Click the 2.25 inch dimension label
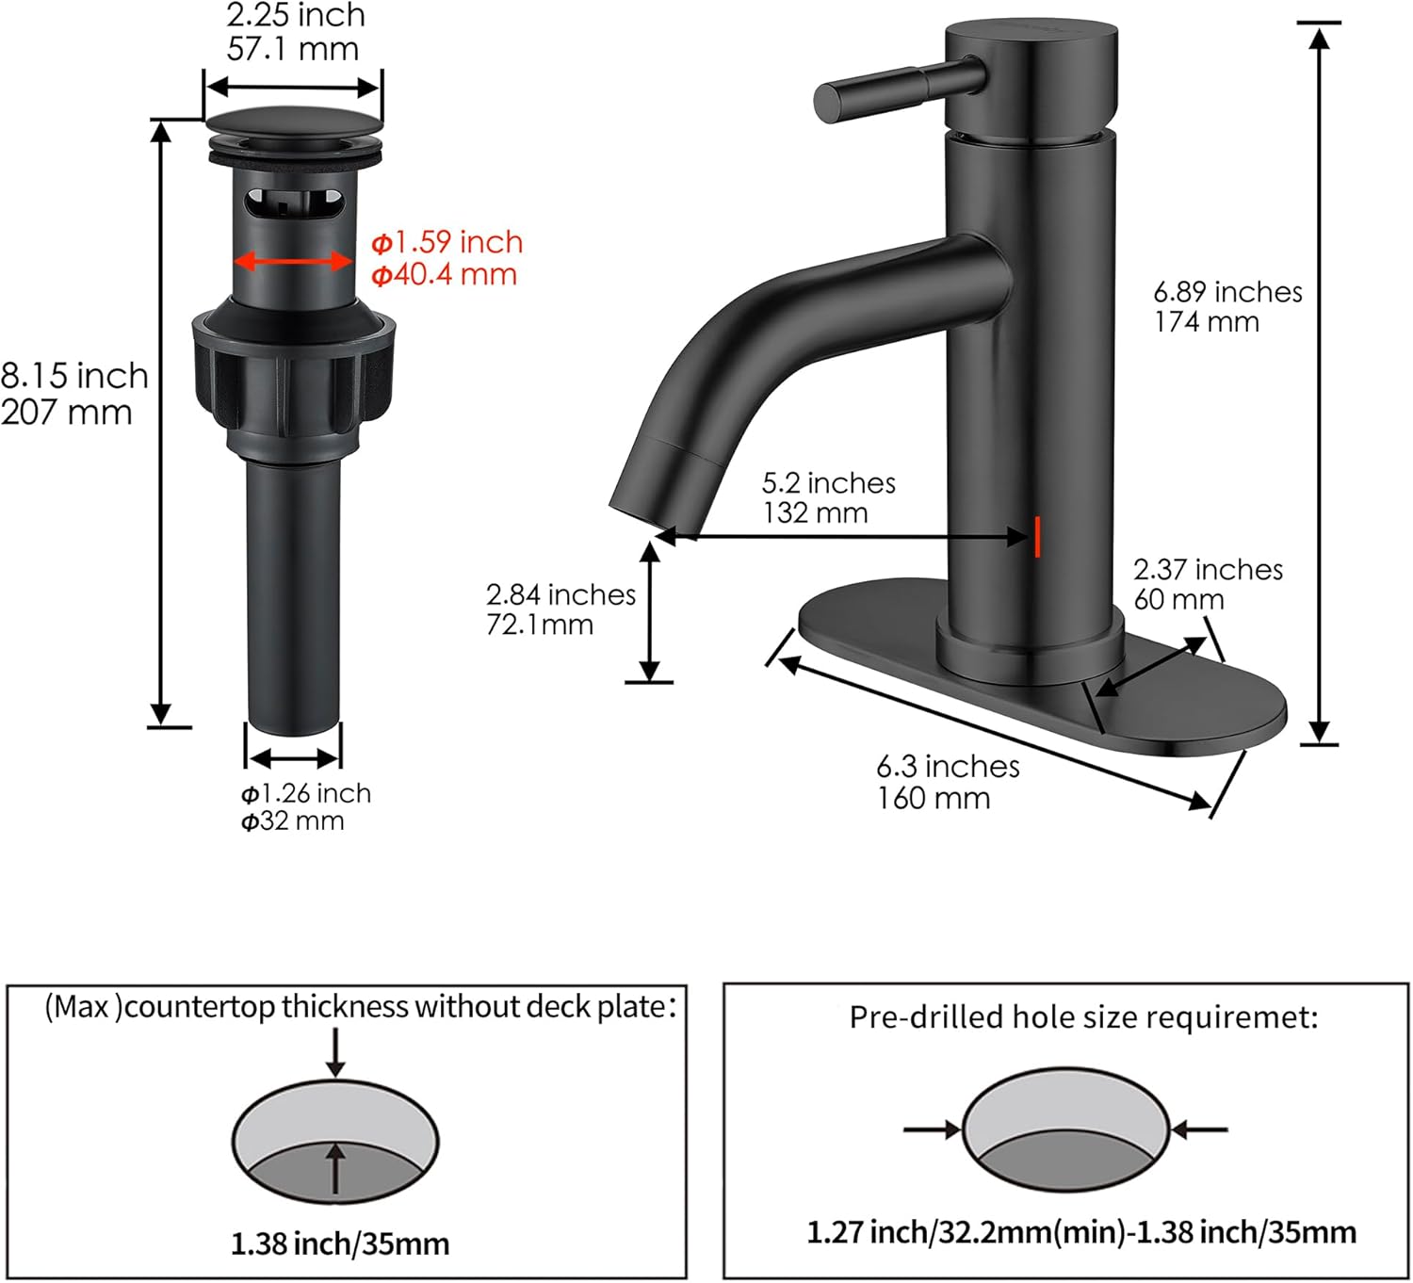pos(295,16)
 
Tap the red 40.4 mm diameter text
pos(444,275)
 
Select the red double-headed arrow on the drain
pos(293,261)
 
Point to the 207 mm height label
pos(66,413)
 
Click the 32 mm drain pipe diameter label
pos(293,821)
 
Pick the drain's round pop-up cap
pos(294,124)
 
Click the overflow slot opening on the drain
pos(294,202)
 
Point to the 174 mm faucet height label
pos(1207,322)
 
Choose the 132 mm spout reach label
pos(815,513)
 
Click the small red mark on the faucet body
pos(1037,536)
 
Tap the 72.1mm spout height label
pos(540,625)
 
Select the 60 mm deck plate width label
pos(1178,599)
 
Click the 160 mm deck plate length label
pos(934,799)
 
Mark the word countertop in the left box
pos(201,1007)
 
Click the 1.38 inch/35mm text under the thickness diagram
pos(340,1243)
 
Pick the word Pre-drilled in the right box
pos(926,1017)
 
